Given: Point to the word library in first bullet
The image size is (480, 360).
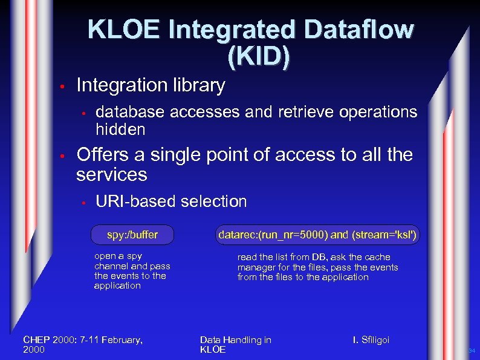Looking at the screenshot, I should click(195, 86).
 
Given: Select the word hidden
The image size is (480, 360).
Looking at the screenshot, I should click(120, 129).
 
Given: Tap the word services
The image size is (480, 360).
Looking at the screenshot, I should click(111, 175).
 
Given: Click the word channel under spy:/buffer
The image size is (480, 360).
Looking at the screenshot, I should click(112, 266).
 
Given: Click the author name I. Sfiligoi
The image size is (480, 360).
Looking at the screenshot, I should click(371, 340).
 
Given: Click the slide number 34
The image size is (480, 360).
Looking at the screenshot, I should click(472, 351).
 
